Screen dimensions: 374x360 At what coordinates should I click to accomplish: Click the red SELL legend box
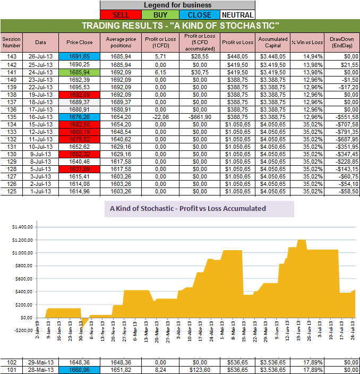click(121, 15)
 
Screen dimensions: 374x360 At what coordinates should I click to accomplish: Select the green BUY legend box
click(160, 15)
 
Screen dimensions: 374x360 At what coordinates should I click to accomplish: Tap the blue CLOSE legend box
click(199, 15)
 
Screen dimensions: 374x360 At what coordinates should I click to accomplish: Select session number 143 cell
click(10, 56)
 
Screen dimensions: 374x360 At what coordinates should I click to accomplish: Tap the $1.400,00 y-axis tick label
click(21, 226)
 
